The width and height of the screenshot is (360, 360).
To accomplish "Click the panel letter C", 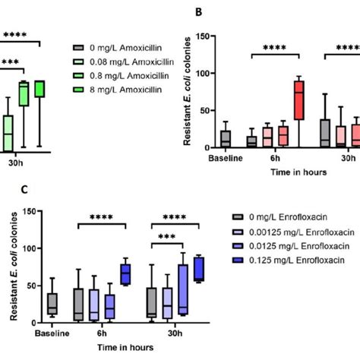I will [9, 187].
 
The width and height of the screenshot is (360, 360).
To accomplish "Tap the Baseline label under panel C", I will [52, 333].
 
